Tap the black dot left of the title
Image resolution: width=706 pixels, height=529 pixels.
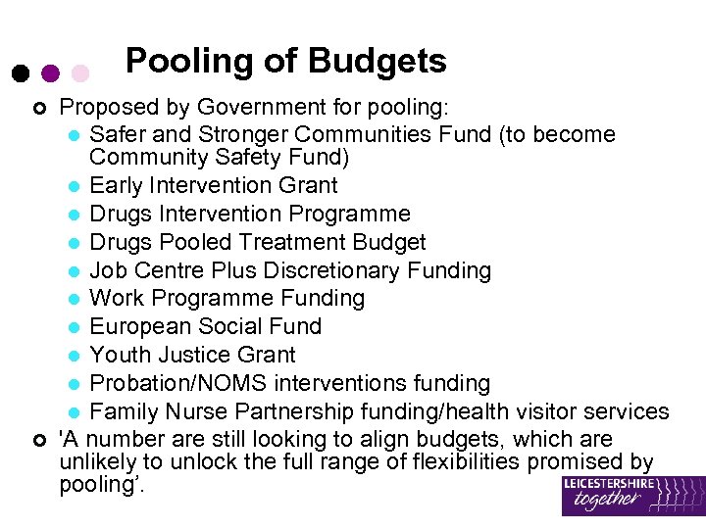point(20,73)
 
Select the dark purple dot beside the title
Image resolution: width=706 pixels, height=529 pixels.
point(50,73)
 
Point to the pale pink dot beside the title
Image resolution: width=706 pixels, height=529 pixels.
point(80,73)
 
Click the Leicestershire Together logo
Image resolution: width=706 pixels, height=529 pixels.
point(632,496)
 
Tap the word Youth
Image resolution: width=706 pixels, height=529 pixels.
point(118,355)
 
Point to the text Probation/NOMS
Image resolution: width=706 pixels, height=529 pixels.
point(167,383)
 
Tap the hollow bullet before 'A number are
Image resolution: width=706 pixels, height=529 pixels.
point(37,439)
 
